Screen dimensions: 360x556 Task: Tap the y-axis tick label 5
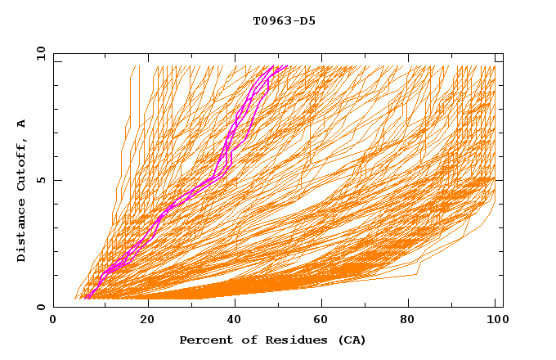tap(40, 180)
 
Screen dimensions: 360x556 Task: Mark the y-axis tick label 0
tap(40, 307)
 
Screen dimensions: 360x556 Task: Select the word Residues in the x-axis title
tap(284, 340)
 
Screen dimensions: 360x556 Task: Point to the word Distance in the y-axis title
tap(22, 230)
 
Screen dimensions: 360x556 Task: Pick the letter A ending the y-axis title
tap(22, 123)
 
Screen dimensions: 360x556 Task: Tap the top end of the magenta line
tap(280, 67)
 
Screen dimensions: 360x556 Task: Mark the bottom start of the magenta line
tap(86, 297)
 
